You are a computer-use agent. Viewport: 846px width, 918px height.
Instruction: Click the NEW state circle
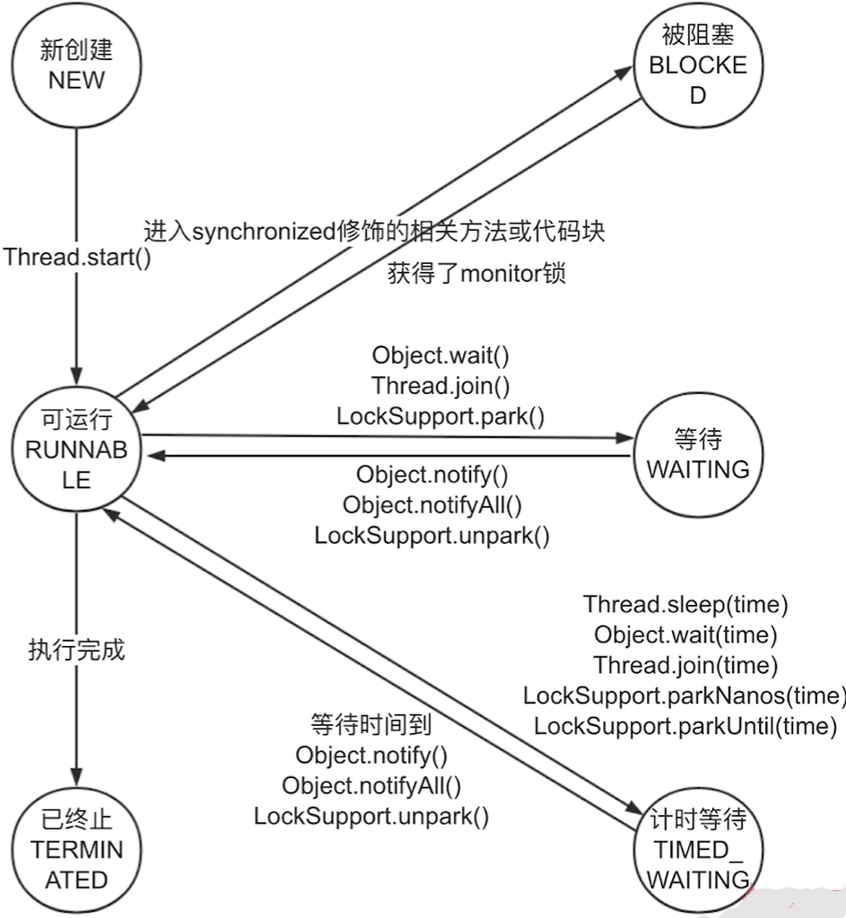coord(76,66)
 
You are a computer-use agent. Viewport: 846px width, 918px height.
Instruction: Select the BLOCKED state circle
coord(698,66)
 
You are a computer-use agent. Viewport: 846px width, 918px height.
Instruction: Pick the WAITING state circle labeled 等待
coord(698,454)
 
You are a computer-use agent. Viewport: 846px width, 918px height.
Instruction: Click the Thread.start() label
coord(77,258)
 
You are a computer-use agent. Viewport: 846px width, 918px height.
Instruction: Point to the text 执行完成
coord(77,651)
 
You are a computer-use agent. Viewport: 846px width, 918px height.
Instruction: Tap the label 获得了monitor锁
coord(476,275)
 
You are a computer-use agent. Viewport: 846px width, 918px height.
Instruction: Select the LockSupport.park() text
coord(441,416)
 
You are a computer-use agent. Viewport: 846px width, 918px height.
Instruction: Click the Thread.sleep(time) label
coord(685,605)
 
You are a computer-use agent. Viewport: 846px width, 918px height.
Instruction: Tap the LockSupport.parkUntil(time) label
coord(685,725)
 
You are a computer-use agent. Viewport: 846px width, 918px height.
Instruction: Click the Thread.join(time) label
coord(685,665)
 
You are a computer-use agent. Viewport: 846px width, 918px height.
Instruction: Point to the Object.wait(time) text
coord(685,635)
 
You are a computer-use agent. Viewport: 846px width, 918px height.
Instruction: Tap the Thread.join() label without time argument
coord(441,386)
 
